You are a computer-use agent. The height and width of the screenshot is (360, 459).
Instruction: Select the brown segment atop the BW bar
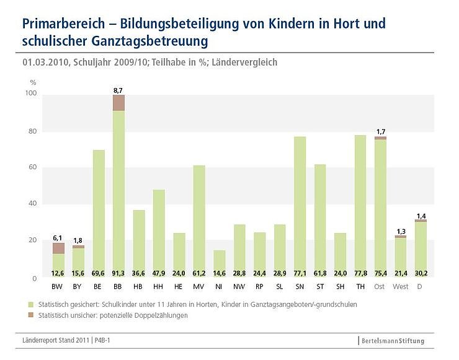[x=58, y=248]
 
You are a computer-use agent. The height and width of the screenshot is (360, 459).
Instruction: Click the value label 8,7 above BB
[x=118, y=90]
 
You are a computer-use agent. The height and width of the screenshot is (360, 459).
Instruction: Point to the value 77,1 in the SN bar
[x=300, y=272]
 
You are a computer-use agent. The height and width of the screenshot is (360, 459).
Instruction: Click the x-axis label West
[x=401, y=286]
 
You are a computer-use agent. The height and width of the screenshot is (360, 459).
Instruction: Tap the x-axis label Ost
[x=380, y=286]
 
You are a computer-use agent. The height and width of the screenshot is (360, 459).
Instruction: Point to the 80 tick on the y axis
[x=32, y=131]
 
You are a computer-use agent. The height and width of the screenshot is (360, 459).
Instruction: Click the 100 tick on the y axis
[x=30, y=94]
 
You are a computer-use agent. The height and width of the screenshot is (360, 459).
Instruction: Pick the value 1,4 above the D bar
[x=420, y=215]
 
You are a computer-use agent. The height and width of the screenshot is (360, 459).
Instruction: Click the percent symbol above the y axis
[x=33, y=82]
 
